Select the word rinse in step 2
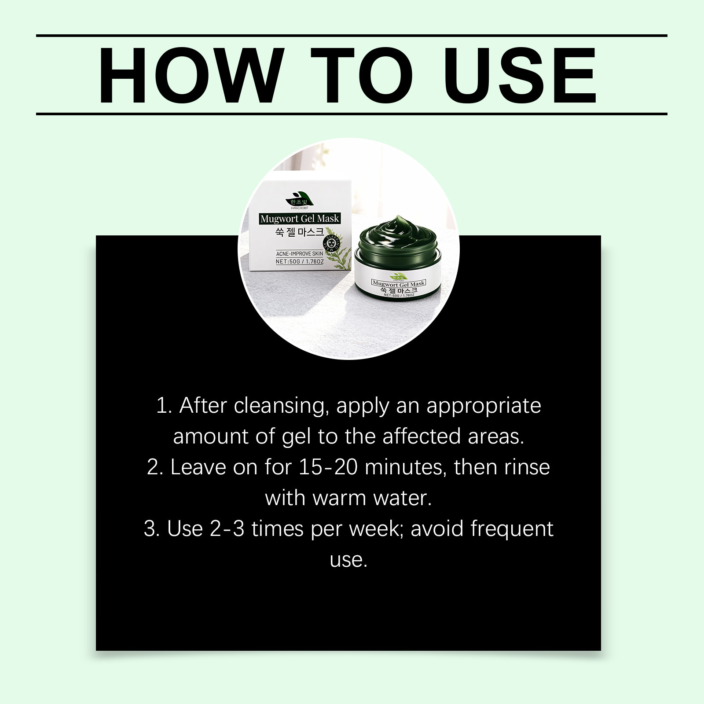[x=527, y=468]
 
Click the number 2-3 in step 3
[x=227, y=529]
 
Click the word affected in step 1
[x=421, y=436]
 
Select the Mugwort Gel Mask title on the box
[x=300, y=218]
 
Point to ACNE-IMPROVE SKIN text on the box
[x=299, y=254]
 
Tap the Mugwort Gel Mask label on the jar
[x=398, y=283]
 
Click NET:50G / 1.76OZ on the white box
[x=300, y=261]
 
